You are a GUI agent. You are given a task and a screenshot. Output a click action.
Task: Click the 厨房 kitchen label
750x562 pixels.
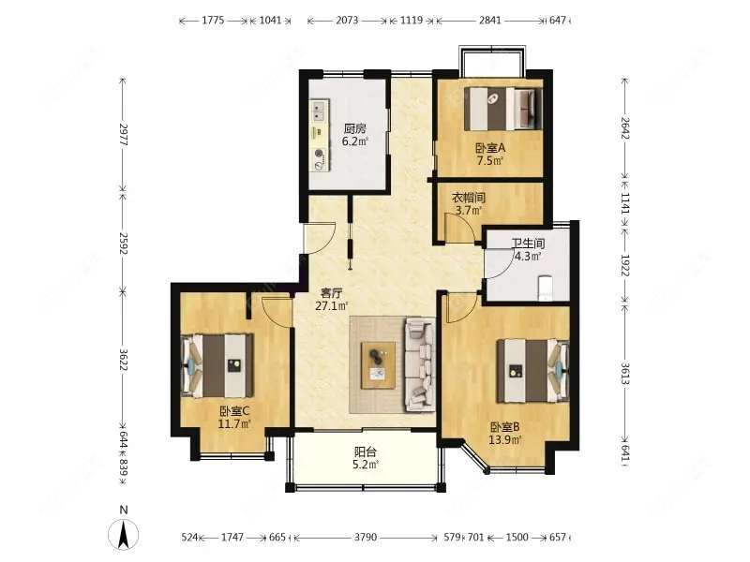click(x=354, y=129)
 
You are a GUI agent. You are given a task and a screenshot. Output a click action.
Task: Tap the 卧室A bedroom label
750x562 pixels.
click(x=489, y=147)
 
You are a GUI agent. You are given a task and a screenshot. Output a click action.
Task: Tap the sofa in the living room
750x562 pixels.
click(x=419, y=365)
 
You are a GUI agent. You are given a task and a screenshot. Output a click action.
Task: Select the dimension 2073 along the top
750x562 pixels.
click(x=346, y=20)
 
